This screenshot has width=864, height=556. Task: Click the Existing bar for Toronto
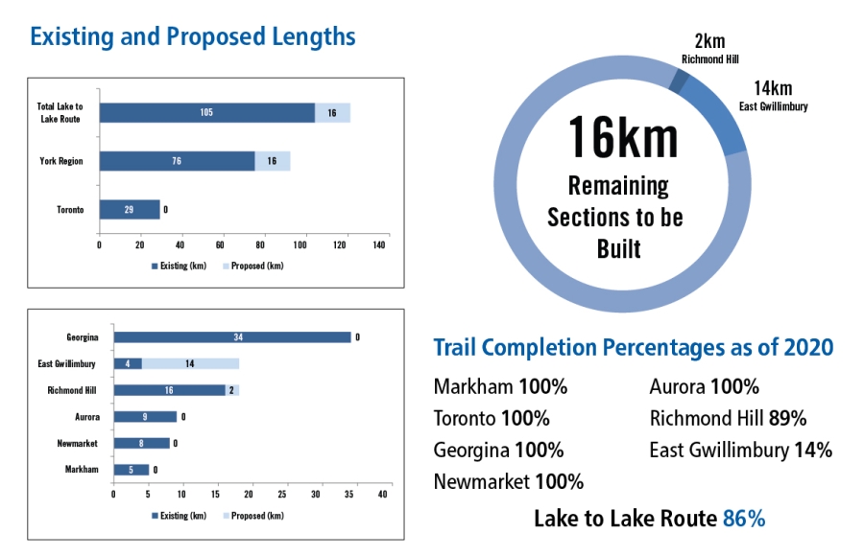[130, 209]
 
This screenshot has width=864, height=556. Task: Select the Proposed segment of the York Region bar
[273, 161]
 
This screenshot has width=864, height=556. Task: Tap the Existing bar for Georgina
[231, 337]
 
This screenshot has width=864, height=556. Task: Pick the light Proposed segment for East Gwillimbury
[190, 364]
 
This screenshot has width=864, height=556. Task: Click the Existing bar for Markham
[131, 470]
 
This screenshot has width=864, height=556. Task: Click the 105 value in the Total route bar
[206, 113]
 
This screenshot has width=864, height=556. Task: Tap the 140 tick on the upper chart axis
[380, 245]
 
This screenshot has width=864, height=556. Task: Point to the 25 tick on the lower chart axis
[282, 495]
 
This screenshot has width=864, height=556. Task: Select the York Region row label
[61, 161]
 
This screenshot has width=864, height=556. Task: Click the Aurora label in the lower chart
[87, 417]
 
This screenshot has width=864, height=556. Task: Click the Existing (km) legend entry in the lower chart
[181, 516]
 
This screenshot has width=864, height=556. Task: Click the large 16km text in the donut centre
[622, 136]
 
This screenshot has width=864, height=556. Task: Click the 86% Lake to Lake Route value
[744, 520]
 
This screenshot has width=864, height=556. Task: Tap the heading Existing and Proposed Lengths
[193, 37]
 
